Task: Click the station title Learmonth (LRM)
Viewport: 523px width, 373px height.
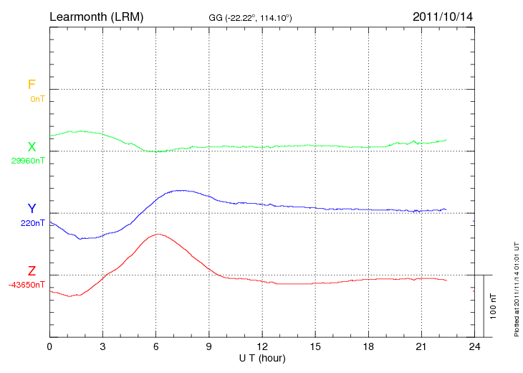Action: (96, 16)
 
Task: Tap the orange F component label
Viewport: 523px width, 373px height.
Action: (32, 85)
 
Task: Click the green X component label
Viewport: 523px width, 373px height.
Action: (32, 147)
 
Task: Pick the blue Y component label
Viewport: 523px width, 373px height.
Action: (32, 209)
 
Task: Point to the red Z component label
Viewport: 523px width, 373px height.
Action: (32, 271)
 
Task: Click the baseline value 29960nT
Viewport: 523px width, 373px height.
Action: (27, 161)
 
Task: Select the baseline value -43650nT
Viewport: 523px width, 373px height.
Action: (27, 285)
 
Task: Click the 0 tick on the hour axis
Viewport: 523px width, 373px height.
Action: (49, 346)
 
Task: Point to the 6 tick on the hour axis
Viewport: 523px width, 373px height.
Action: (155, 346)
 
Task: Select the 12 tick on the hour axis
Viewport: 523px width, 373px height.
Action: (261, 346)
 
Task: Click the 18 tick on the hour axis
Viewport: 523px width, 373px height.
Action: (368, 346)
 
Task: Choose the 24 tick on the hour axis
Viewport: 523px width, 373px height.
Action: (474, 346)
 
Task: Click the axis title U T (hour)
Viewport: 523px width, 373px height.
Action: (261, 357)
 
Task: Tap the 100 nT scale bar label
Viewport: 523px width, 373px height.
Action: (493, 306)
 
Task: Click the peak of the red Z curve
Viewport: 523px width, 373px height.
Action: (157, 234)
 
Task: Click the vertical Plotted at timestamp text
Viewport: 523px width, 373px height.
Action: (516, 287)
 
